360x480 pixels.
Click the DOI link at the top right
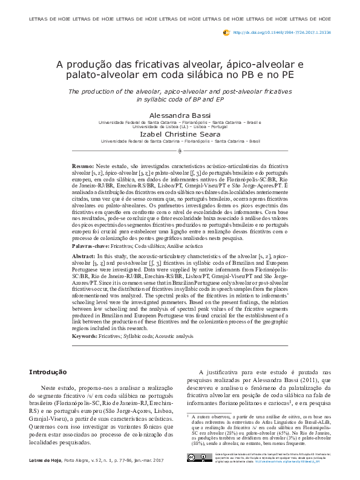281,32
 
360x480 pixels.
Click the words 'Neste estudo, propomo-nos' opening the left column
78,386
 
